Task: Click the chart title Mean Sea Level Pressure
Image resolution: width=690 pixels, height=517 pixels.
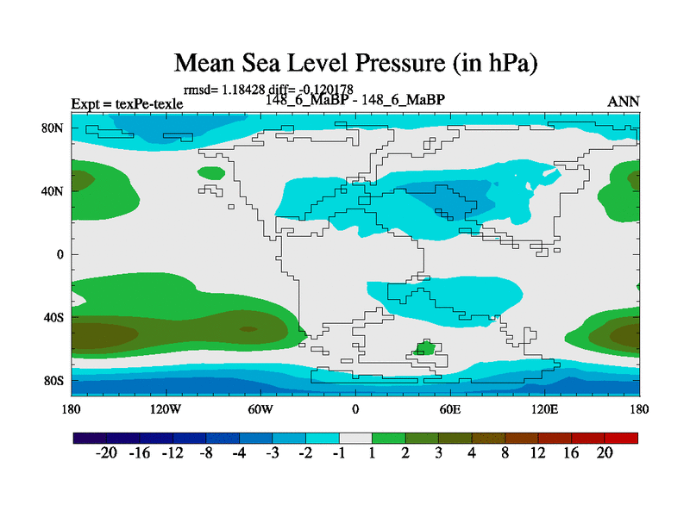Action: (x=356, y=64)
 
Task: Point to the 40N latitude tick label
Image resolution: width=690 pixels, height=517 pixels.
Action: (x=53, y=190)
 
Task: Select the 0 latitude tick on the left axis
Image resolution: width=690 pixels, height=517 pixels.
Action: (x=61, y=254)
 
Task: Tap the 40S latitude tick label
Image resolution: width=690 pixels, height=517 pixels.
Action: (x=53, y=317)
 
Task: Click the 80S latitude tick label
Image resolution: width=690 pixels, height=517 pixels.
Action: (x=53, y=380)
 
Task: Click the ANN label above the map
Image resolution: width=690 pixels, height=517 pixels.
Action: (x=624, y=102)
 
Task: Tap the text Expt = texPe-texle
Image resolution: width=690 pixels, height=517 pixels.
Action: (x=127, y=104)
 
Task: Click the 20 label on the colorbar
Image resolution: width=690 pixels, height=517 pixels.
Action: (x=605, y=455)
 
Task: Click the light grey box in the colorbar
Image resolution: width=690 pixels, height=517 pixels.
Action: (x=355, y=438)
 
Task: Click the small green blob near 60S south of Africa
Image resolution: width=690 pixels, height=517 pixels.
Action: (x=424, y=348)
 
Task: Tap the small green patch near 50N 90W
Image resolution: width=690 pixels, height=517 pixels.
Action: (x=211, y=173)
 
